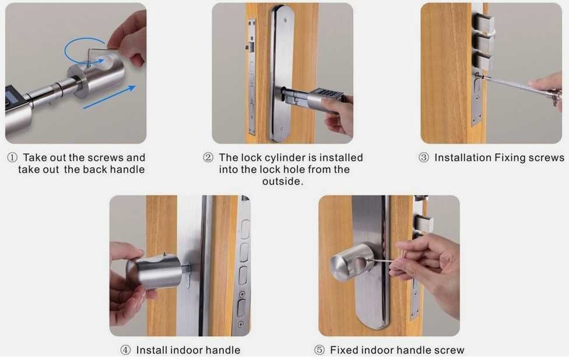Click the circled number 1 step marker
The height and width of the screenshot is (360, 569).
click(x=12, y=158)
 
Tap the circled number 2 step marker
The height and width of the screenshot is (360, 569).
click(x=208, y=158)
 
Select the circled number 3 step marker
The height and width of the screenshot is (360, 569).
click(x=423, y=158)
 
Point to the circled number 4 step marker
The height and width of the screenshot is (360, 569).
click(x=125, y=350)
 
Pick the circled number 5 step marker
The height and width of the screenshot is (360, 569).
click(x=319, y=350)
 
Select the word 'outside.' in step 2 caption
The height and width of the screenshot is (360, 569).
click(x=283, y=181)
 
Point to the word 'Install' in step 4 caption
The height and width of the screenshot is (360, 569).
click(x=152, y=350)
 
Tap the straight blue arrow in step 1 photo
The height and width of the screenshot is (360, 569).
click(x=109, y=97)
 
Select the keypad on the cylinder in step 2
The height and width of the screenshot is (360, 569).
click(x=328, y=94)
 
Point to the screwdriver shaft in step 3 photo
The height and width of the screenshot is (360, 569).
click(x=508, y=83)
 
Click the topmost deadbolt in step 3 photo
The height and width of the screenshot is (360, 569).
click(x=484, y=23)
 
